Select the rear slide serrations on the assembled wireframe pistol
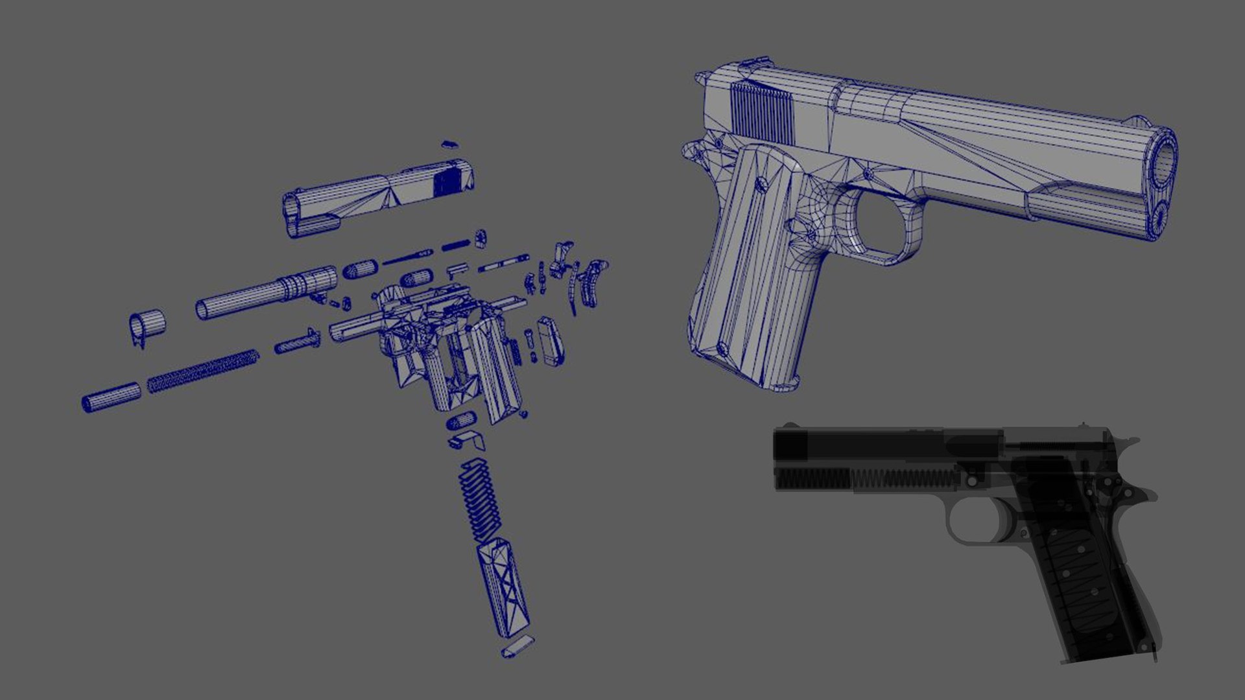pos(763,113)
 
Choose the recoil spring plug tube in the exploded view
pos(110,397)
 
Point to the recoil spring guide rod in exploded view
pos(297,341)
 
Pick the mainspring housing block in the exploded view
pos(551,340)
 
